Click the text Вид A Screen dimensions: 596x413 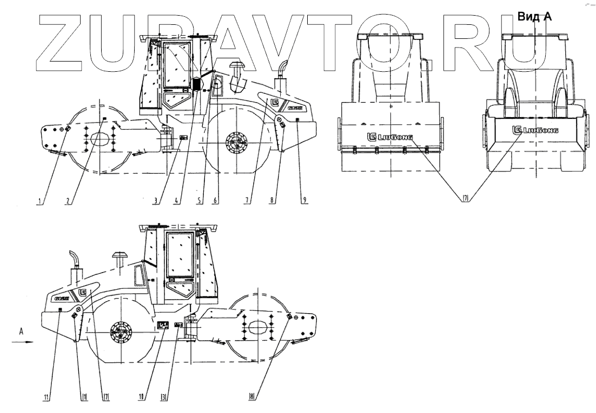[x=534, y=17]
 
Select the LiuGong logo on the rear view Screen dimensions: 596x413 [x=535, y=130]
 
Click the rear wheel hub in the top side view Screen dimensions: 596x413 [x=237, y=143]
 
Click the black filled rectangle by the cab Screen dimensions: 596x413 [x=197, y=84]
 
